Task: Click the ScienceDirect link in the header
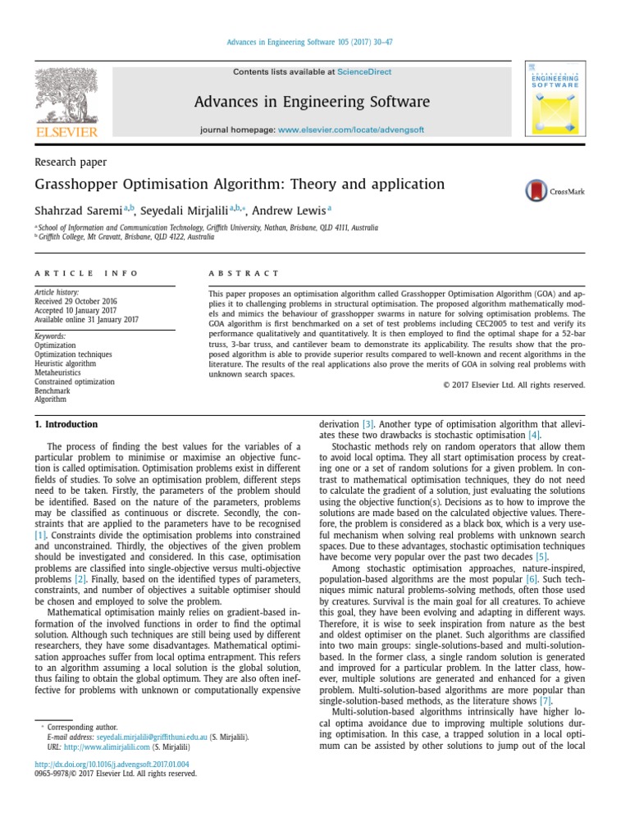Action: [x=364, y=72]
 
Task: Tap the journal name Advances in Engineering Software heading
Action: [x=311, y=102]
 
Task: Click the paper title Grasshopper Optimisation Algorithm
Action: [x=239, y=185]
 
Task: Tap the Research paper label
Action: [x=70, y=162]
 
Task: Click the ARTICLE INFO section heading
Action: [x=86, y=273]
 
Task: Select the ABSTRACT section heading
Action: [x=244, y=273]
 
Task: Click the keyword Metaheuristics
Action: [x=57, y=372]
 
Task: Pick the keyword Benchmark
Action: [x=52, y=390]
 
